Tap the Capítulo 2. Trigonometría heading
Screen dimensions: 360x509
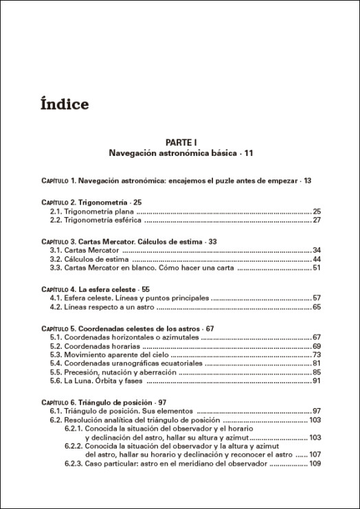pyautogui.click(x=91, y=203)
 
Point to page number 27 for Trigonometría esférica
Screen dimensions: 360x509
pyautogui.click(x=317, y=220)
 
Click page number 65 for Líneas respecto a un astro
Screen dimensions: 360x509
pyautogui.click(x=317, y=307)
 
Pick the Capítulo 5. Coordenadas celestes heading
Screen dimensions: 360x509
pyautogui.click(x=128, y=328)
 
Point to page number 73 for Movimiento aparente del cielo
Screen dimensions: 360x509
pyautogui.click(x=317, y=354)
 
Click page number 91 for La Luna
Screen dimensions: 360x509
pyautogui.click(x=317, y=381)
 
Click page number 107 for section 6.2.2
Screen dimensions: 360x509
pyautogui.click(x=315, y=454)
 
